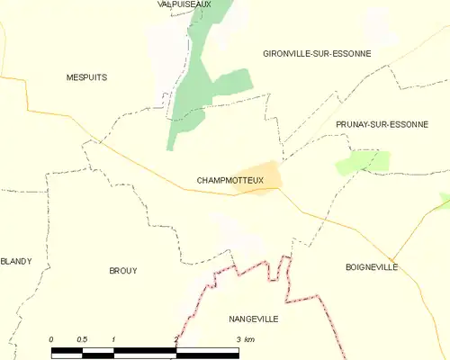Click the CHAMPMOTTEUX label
coord(229,181)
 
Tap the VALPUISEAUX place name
coord(184,4)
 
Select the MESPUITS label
coord(86,77)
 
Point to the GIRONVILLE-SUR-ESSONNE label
coord(317,54)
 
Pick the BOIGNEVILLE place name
coord(371,267)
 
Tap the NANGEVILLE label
coord(252,319)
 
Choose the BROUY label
coord(122,270)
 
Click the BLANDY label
coord(16,261)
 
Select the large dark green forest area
coord(198,81)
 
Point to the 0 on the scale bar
coord(51,338)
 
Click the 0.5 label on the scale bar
coord(82,338)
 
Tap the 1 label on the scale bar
coord(113,338)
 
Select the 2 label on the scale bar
coord(176,338)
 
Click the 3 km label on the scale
coord(245,338)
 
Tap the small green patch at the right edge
coord(445,200)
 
